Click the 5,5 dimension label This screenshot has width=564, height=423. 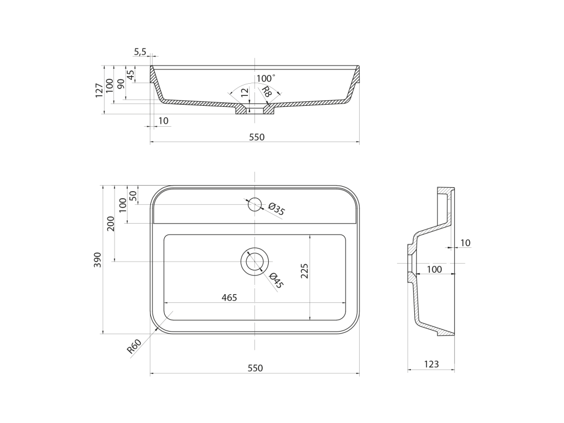[140, 52]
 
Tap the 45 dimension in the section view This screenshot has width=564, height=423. [131, 74]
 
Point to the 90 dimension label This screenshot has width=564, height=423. [121, 84]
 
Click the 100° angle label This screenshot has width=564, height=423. [266, 78]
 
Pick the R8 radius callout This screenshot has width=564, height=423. [266, 92]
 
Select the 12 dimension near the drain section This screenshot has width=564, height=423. [245, 93]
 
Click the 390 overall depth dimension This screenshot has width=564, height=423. [97, 259]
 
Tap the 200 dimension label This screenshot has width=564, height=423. [110, 224]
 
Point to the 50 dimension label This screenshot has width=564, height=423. [133, 196]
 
